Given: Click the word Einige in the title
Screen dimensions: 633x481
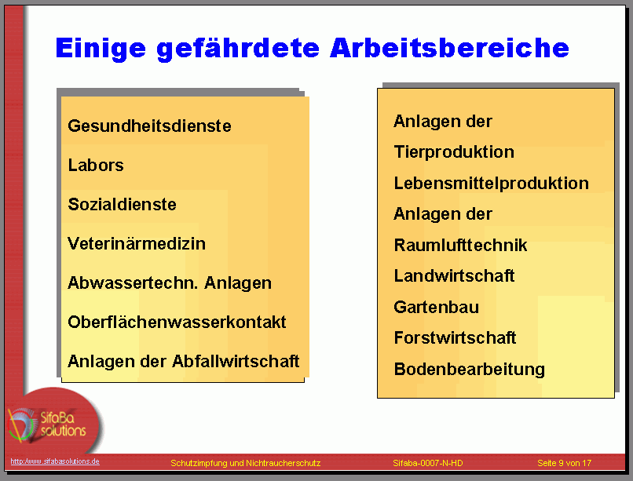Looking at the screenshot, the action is point(101,48).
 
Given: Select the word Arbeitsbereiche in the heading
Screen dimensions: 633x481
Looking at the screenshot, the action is point(449,48).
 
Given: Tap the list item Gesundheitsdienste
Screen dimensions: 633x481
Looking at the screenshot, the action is point(149,126).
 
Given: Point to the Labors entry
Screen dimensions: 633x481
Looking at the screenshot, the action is point(96,165).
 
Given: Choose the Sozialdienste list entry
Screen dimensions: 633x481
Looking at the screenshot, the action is point(122,204).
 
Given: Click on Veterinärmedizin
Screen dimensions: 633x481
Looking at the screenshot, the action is point(137,243).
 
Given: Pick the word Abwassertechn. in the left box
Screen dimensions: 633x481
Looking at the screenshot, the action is point(133,282).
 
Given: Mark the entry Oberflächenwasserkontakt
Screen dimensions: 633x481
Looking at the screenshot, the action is point(177,322).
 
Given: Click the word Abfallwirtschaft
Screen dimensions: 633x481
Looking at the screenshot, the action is point(236,361).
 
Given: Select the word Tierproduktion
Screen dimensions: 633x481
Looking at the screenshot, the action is point(454,152).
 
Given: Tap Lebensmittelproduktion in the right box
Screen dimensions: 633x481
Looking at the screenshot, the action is point(492,183).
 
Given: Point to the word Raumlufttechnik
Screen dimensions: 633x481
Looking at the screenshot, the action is point(461,245).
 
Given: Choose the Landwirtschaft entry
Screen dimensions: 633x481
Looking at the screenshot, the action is point(454,275).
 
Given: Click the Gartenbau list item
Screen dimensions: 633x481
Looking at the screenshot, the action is point(437,308).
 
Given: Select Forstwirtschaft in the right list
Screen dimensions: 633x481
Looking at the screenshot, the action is point(455,338).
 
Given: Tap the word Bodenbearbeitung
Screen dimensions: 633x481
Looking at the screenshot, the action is point(470,370).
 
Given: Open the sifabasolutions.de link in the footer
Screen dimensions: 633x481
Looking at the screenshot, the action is point(55,461).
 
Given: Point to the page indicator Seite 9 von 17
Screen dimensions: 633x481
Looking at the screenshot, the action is point(565,463).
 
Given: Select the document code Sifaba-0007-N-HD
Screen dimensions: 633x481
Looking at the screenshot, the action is point(428,463).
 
